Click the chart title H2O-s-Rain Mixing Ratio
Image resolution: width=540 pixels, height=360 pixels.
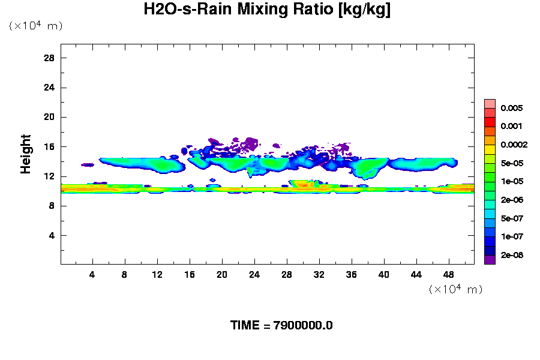click(267, 10)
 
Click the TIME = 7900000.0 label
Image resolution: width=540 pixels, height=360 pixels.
click(281, 325)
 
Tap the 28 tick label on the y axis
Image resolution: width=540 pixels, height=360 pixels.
click(49, 58)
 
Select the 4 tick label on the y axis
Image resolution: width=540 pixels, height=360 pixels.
click(52, 235)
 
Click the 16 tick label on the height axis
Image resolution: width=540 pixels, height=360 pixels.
click(49, 147)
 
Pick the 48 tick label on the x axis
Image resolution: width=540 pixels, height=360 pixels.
click(449, 274)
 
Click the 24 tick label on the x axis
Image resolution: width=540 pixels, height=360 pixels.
click(254, 274)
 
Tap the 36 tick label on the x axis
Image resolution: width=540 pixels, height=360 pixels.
click(352, 274)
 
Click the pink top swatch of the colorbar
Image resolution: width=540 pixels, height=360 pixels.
click(490, 103)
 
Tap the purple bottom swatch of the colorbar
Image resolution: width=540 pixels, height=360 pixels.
click(490, 260)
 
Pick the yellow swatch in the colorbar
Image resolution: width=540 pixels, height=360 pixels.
click(490, 149)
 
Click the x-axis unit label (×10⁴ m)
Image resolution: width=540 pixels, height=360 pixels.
click(455, 289)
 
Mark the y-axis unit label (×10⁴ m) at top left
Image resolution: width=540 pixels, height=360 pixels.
click(35, 26)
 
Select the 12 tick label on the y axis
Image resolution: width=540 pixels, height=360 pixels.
click(49, 176)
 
